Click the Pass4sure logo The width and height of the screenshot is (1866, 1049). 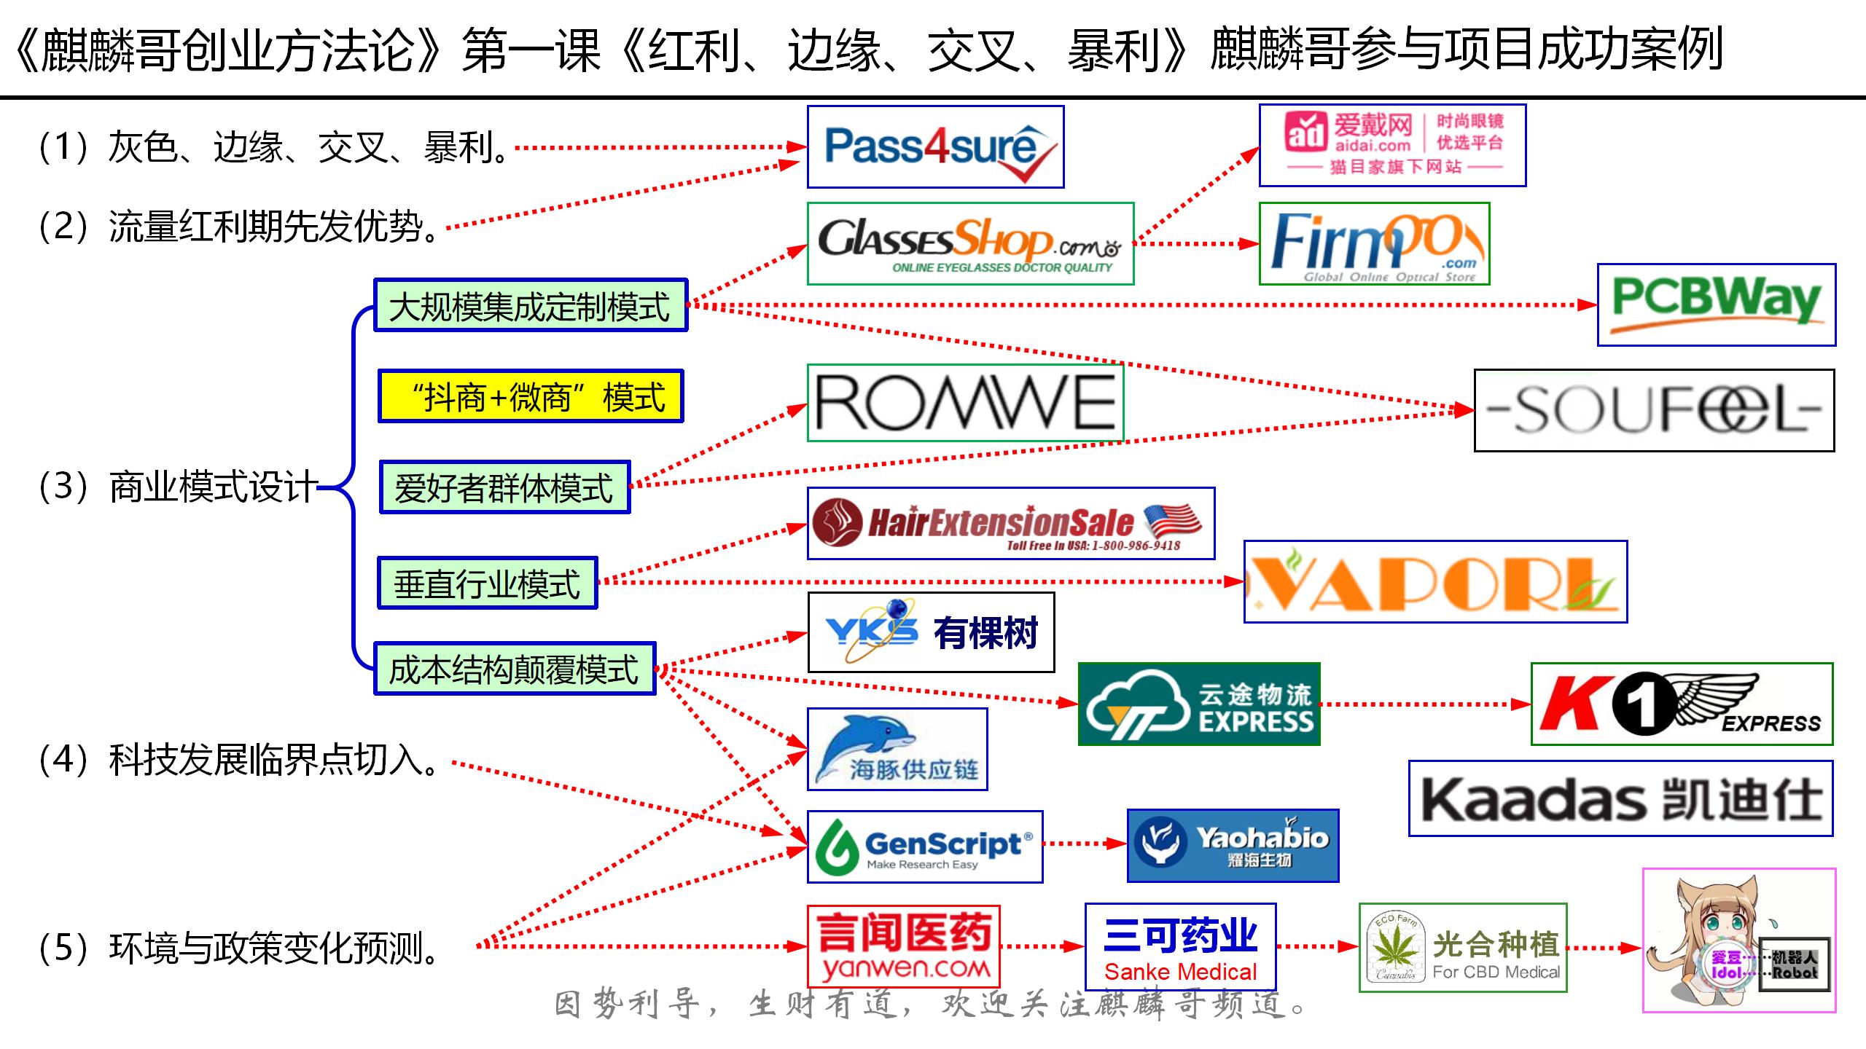[x=935, y=147]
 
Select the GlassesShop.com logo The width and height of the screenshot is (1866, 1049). [x=970, y=243]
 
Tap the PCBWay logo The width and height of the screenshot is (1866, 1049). [x=1716, y=305]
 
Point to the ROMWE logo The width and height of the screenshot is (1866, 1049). [x=965, y=403]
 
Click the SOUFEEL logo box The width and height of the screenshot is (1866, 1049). [x=1653, y=411]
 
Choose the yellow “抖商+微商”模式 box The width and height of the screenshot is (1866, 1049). [x=531, y=396]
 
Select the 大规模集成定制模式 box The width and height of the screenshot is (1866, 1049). [x=531, y=305]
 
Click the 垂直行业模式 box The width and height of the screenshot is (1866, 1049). [x=487, y=583]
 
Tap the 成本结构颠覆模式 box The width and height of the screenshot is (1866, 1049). [x=515, y=669]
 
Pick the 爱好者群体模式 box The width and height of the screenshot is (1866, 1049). [x=504, y=487]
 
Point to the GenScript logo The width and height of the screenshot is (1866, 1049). [x=925, y=846]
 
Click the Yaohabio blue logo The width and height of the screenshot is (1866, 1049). [x=1233, y=846]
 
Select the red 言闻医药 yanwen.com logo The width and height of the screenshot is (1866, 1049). [x=903, y=946]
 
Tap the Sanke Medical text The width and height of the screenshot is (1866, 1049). [x=1180, y=972]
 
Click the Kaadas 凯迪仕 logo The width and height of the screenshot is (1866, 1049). [x=1620, y=799]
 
